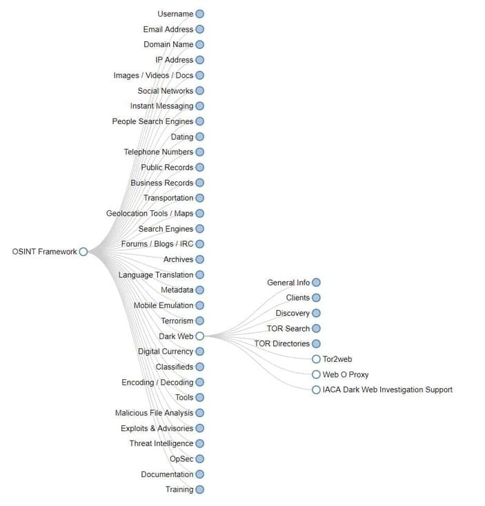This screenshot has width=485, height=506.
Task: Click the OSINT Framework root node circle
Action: [83, 252]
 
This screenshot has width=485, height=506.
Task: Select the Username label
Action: [175, 14]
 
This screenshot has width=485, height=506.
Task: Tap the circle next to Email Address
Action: [199, 29]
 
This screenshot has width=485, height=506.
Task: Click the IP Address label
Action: [174, 60]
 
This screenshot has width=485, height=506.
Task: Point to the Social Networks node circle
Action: [199, 90]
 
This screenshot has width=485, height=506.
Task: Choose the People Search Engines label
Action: [152, 121]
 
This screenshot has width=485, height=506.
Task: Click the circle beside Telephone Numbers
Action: [199, 152]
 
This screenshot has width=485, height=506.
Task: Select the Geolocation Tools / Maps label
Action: [150, 214]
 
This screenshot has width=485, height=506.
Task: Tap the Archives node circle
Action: [199, 259]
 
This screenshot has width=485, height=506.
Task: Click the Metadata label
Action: [177, 290]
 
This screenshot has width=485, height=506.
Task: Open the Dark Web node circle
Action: [199, 336]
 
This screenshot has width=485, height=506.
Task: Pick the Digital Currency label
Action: [165, 352]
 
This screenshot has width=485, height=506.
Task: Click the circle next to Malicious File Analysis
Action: [199, 413]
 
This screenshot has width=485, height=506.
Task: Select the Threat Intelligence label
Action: [161, 443]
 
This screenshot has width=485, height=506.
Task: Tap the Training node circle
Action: [199, 489]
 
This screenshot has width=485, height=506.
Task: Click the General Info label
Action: [288, 283]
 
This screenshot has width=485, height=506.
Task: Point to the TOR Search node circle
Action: [316, 328]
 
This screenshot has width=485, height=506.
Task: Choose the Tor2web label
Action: [337, 359]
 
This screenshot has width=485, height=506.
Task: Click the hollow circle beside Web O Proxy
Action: [316, 374]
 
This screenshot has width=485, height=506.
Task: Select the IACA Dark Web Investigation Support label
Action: [388, 389]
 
